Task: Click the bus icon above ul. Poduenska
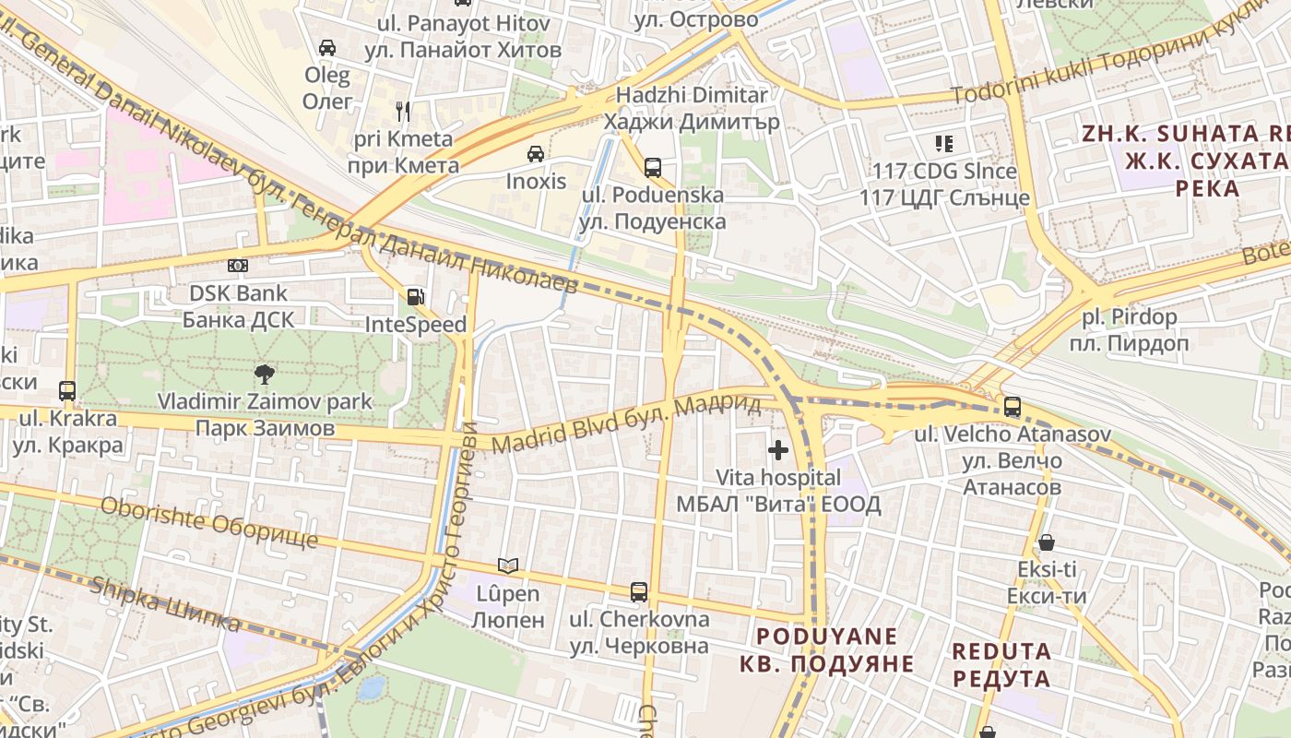653,167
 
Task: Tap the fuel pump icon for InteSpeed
416,297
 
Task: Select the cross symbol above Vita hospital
778,450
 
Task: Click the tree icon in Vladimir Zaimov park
265,374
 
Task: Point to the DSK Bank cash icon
238,266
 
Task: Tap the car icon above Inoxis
535,153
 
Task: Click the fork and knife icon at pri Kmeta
403,112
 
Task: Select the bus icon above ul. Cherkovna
638,591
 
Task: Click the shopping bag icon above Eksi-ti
1046,542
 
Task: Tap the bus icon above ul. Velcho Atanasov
1012,406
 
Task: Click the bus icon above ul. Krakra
67,390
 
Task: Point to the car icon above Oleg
327,47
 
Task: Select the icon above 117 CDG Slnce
943,143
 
